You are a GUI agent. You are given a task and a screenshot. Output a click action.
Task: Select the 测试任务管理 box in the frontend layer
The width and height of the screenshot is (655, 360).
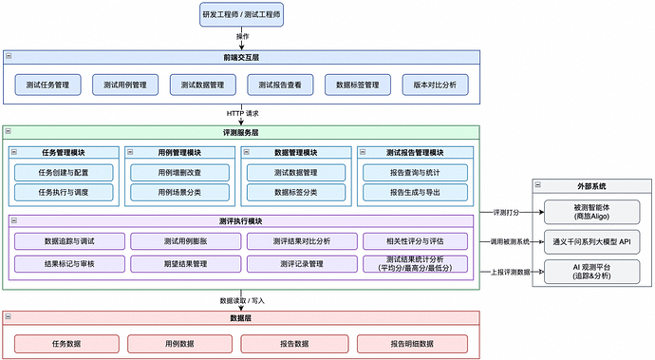(47, 85)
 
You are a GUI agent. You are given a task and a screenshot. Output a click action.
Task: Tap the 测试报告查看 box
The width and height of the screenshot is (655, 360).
(280, 85)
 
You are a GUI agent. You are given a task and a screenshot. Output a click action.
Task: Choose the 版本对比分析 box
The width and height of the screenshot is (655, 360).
(435, 85)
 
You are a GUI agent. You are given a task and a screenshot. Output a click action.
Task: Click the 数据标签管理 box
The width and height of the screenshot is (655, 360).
(357, 85)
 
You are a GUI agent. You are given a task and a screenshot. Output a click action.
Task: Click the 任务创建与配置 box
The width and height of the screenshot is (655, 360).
(63, 173)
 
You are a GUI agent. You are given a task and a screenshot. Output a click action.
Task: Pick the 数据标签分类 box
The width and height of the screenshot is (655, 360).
(294, 192)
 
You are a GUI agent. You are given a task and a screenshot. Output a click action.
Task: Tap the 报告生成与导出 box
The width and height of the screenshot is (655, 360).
(414, 192)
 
